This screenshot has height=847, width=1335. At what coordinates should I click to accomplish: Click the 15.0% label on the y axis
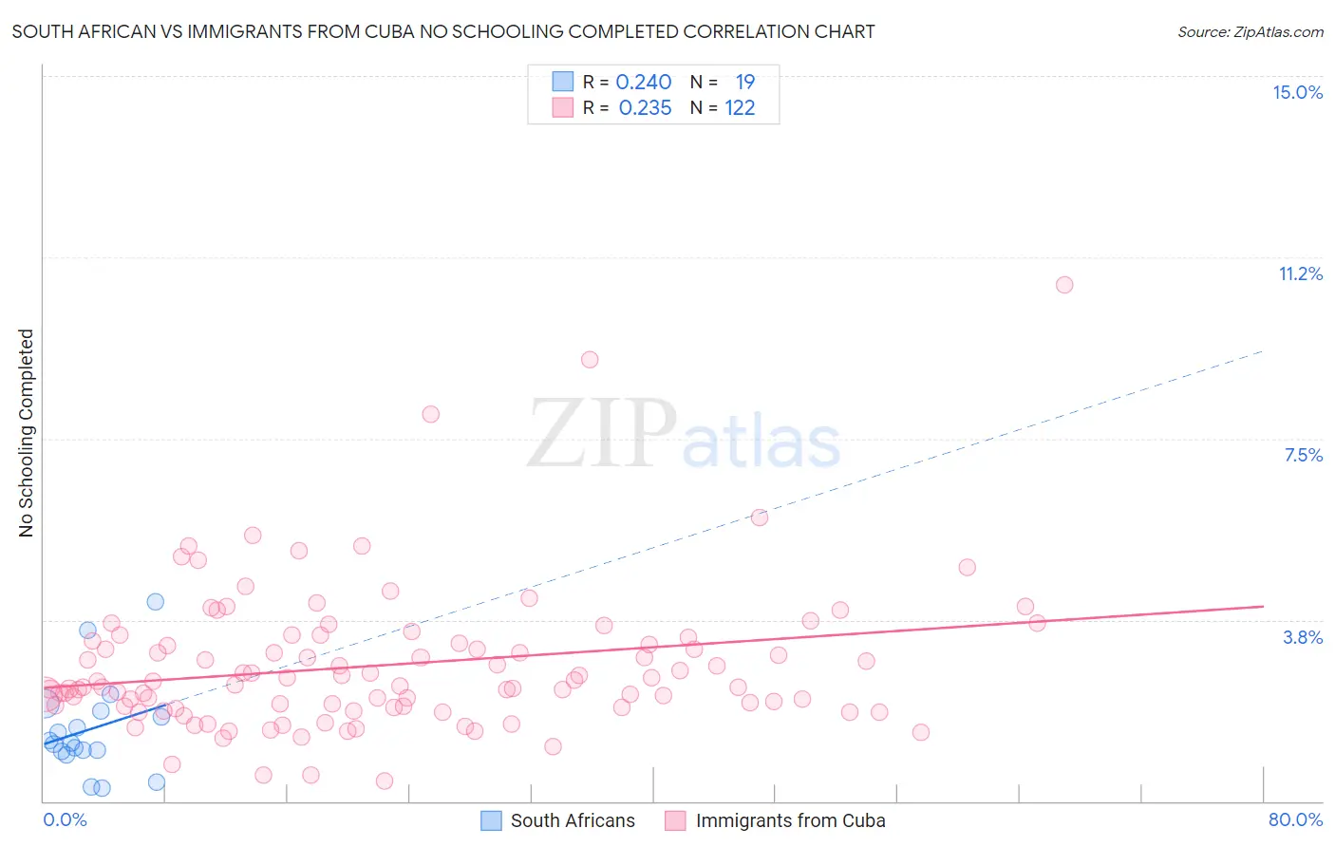1297,92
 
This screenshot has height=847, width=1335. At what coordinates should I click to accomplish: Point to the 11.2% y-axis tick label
1300,273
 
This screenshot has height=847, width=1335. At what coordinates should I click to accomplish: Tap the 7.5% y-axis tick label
1303,455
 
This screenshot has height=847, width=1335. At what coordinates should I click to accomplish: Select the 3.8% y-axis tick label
1303,637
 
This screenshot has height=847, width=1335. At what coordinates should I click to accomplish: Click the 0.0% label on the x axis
65,819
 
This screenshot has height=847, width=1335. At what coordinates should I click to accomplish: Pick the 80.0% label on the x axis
1295,819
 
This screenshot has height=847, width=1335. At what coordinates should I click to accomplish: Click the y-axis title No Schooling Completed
26,433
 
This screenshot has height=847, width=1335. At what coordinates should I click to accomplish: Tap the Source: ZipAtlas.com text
1250,32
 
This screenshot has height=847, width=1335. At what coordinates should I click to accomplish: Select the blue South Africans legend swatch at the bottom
491,820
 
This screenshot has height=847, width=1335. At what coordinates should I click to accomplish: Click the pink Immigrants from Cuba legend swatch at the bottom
675,820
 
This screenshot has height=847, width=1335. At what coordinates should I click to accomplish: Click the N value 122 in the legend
740,108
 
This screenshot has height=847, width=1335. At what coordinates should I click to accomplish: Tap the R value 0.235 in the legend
645,108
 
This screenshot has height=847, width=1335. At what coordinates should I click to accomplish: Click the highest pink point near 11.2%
1064,285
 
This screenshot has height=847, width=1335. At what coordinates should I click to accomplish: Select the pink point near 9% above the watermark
590,359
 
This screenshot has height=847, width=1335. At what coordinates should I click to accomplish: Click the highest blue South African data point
155,601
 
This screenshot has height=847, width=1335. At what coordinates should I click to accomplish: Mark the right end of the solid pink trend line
1263,606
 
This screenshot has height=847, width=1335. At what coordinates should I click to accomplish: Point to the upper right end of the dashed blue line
1263,351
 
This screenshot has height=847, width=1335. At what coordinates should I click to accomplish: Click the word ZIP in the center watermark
601,435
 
